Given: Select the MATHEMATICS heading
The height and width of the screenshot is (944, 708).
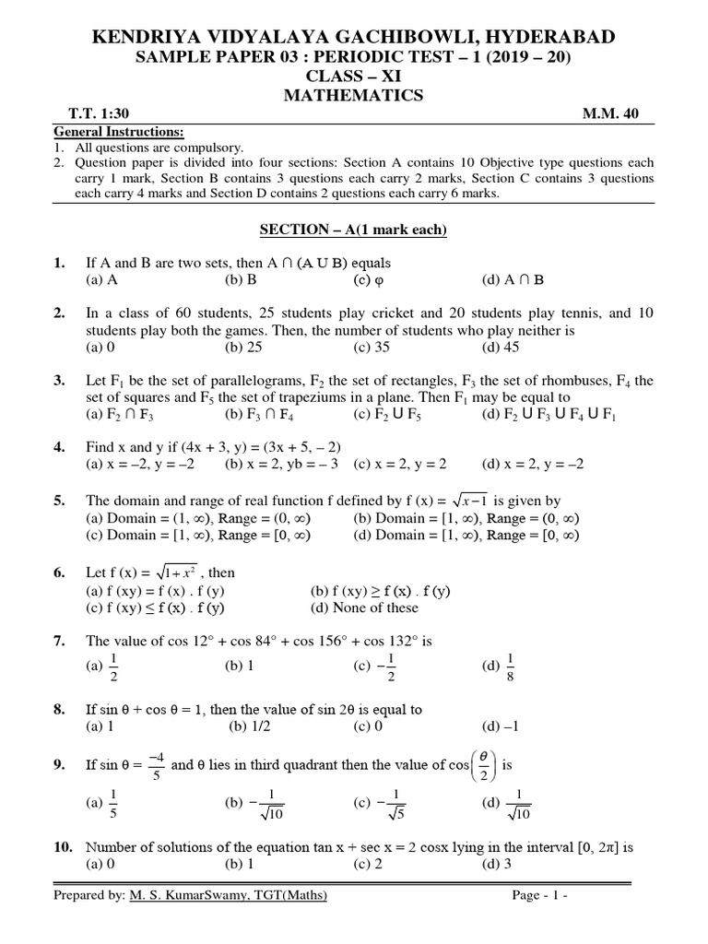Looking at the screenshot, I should [x=354, y=95].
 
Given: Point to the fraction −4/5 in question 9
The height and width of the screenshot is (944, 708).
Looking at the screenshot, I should [x=155, y=764].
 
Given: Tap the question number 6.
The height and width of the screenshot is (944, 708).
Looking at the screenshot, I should [x=59, y=572].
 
